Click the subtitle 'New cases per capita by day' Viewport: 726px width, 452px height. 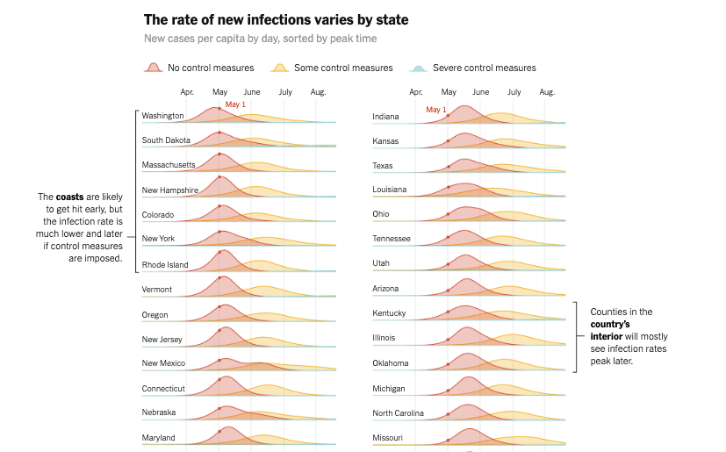point(261,39)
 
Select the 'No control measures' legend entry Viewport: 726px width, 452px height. point(210,68)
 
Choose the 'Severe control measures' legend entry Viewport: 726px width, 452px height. point(484,68)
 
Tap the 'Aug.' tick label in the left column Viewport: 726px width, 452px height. point(318,91)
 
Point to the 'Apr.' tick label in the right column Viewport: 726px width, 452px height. point(416,91)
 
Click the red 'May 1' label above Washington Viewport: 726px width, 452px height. point(235,104)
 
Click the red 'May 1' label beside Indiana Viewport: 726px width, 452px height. point(436,110)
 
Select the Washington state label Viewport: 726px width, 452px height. point(162,116)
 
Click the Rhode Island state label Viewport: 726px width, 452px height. point(165,264)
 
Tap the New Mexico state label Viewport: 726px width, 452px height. point(164,363)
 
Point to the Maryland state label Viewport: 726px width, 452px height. point(159,437)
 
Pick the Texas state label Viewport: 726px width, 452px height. point(384,165)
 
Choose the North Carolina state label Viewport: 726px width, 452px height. point(398,413)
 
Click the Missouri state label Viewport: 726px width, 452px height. point(388,437)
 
